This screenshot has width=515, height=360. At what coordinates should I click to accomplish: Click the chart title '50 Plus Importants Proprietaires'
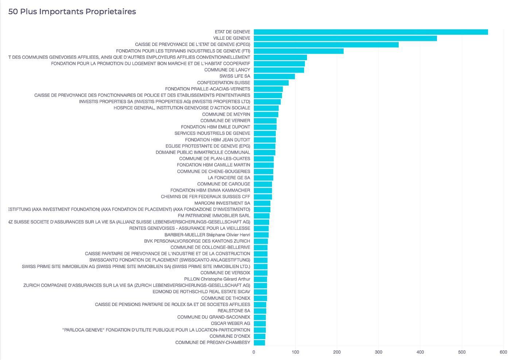[72, 12]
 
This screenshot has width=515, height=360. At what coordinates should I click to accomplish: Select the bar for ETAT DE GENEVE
[371, 32]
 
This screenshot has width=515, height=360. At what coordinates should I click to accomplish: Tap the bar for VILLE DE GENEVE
[345, 38]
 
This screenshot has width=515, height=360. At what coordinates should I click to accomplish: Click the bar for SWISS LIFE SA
[274, 76]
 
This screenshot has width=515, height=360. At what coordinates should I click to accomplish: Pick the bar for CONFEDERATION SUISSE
[271, 83]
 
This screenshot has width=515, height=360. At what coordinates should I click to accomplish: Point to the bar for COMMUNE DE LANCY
[279, 70]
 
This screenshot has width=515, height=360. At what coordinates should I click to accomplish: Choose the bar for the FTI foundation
[299, 51]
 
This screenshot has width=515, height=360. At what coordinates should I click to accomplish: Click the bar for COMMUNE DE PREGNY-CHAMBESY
[259, 342]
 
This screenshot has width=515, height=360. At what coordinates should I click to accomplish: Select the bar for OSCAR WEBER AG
[260, 324]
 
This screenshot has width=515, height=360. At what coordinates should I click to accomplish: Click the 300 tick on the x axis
[379, 352]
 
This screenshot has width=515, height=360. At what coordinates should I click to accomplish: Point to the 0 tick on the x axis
[253, 352]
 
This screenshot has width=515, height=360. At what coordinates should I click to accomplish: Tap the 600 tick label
[503, 352]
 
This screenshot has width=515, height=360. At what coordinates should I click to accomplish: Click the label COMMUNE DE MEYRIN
[226, 114]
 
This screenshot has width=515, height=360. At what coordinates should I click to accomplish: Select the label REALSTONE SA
[234, 311]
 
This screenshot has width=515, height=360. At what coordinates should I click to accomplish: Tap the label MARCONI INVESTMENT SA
[222, 203]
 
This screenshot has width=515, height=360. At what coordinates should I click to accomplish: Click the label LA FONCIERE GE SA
[229, 178]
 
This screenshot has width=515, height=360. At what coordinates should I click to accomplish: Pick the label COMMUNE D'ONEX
[230, 336]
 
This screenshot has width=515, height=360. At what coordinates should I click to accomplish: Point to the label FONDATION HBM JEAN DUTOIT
[217, 140]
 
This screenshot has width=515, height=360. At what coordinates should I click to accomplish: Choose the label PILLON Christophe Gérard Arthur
[217, 279]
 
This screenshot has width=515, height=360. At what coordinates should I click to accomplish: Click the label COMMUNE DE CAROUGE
[224, 184]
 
